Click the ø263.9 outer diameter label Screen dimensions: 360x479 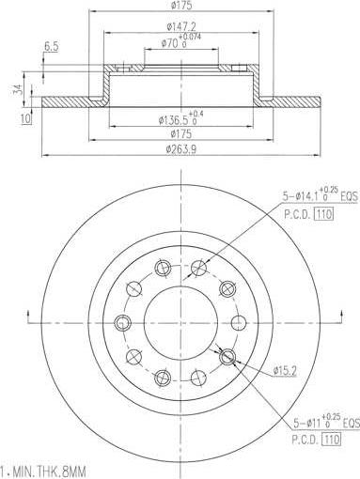pyautogui.click(x=181, y=149)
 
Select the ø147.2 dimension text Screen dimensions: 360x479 pyautogui.click(x=180, y=26)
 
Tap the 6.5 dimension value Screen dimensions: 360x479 pyautogui.click(x=52, y=47)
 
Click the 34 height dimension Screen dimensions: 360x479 pyautogui.click(x=19, y=89)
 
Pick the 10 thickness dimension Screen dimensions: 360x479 pyautogui.click(x=26, y=119)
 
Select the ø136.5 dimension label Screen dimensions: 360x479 pyautogui.click(x=174, y=119)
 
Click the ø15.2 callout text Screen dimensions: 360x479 pyautogui.click(x=285, y=371)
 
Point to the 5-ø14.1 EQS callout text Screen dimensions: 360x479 pyautogui.click(x=320, y=195)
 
